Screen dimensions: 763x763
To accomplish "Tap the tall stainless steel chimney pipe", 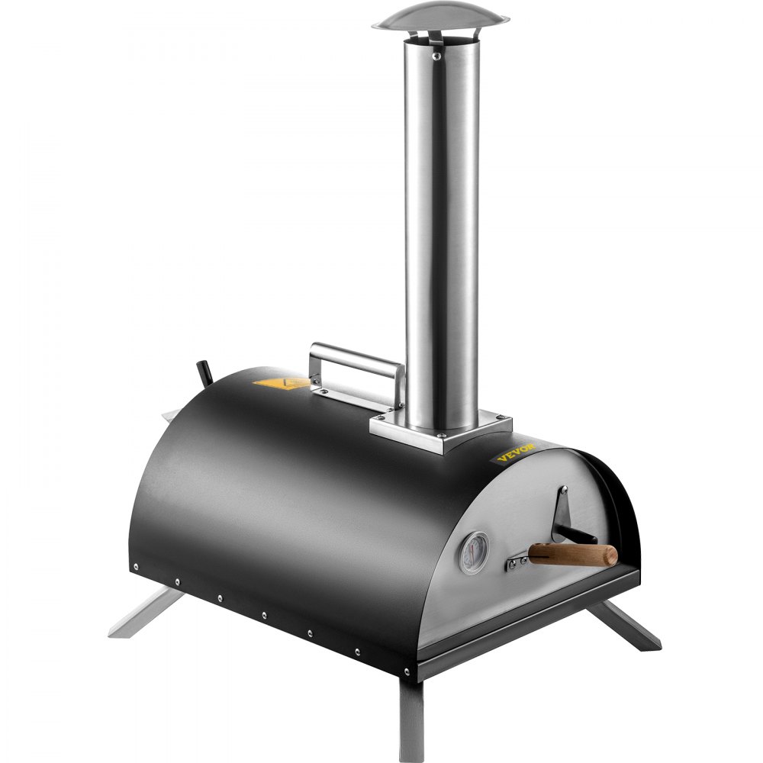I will (442, 229).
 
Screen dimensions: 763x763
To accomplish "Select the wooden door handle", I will (573, 554).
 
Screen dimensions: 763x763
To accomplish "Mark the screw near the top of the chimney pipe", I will (435, 56).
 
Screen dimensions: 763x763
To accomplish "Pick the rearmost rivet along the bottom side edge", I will (135, 567).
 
